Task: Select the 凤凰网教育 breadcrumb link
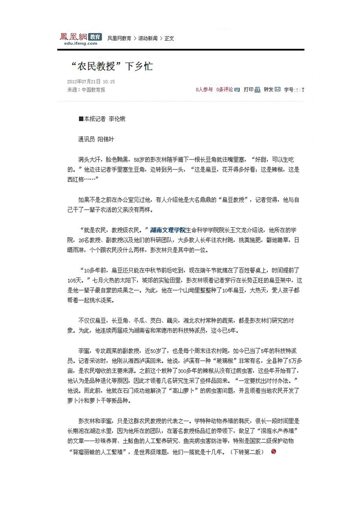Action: point(119,39)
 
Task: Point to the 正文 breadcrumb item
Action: point(169,39)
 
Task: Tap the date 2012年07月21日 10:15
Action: point(91,82)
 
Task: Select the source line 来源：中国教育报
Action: point(86,89)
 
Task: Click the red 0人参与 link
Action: point(204,89)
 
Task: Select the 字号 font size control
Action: point(291,89)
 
